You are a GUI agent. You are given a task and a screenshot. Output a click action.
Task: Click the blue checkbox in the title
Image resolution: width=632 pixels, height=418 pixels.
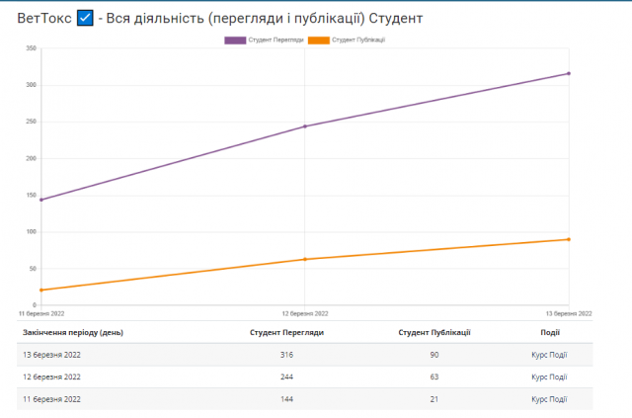[85, 18]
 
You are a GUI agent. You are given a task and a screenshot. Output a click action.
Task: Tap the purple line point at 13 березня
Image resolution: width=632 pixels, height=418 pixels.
[569, 73]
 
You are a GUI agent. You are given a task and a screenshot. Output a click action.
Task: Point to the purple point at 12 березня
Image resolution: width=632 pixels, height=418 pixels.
[305, 126]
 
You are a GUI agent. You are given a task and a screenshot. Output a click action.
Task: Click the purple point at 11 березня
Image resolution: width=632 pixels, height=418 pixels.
[41, 200]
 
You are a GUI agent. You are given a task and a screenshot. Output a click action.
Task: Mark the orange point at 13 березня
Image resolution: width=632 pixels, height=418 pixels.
[569, 239]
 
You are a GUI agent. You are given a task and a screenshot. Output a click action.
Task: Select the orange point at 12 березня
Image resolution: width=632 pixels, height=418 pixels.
[305, 259]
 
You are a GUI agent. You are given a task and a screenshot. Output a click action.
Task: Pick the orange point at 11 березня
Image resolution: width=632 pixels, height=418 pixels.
[41, 290]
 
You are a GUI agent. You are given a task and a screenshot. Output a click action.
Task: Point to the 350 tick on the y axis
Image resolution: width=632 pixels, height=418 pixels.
[31, 48]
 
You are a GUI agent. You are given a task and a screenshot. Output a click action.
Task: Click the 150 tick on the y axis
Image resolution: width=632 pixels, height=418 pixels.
[31, 196]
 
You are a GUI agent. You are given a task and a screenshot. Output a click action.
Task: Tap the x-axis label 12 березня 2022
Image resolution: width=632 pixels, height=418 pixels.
[305, 313]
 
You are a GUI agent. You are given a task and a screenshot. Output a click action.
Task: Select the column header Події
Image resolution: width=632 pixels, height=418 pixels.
[549, 332]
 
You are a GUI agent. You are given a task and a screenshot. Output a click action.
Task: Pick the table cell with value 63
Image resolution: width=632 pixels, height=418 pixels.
[434, 376]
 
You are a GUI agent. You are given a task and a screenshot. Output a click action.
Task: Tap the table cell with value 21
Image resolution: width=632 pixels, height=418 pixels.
[434, 399]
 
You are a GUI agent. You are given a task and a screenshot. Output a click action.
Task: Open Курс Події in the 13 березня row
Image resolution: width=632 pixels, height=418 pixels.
[549, 355]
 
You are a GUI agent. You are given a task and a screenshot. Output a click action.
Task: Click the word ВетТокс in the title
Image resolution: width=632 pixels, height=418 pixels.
[43, 18]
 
